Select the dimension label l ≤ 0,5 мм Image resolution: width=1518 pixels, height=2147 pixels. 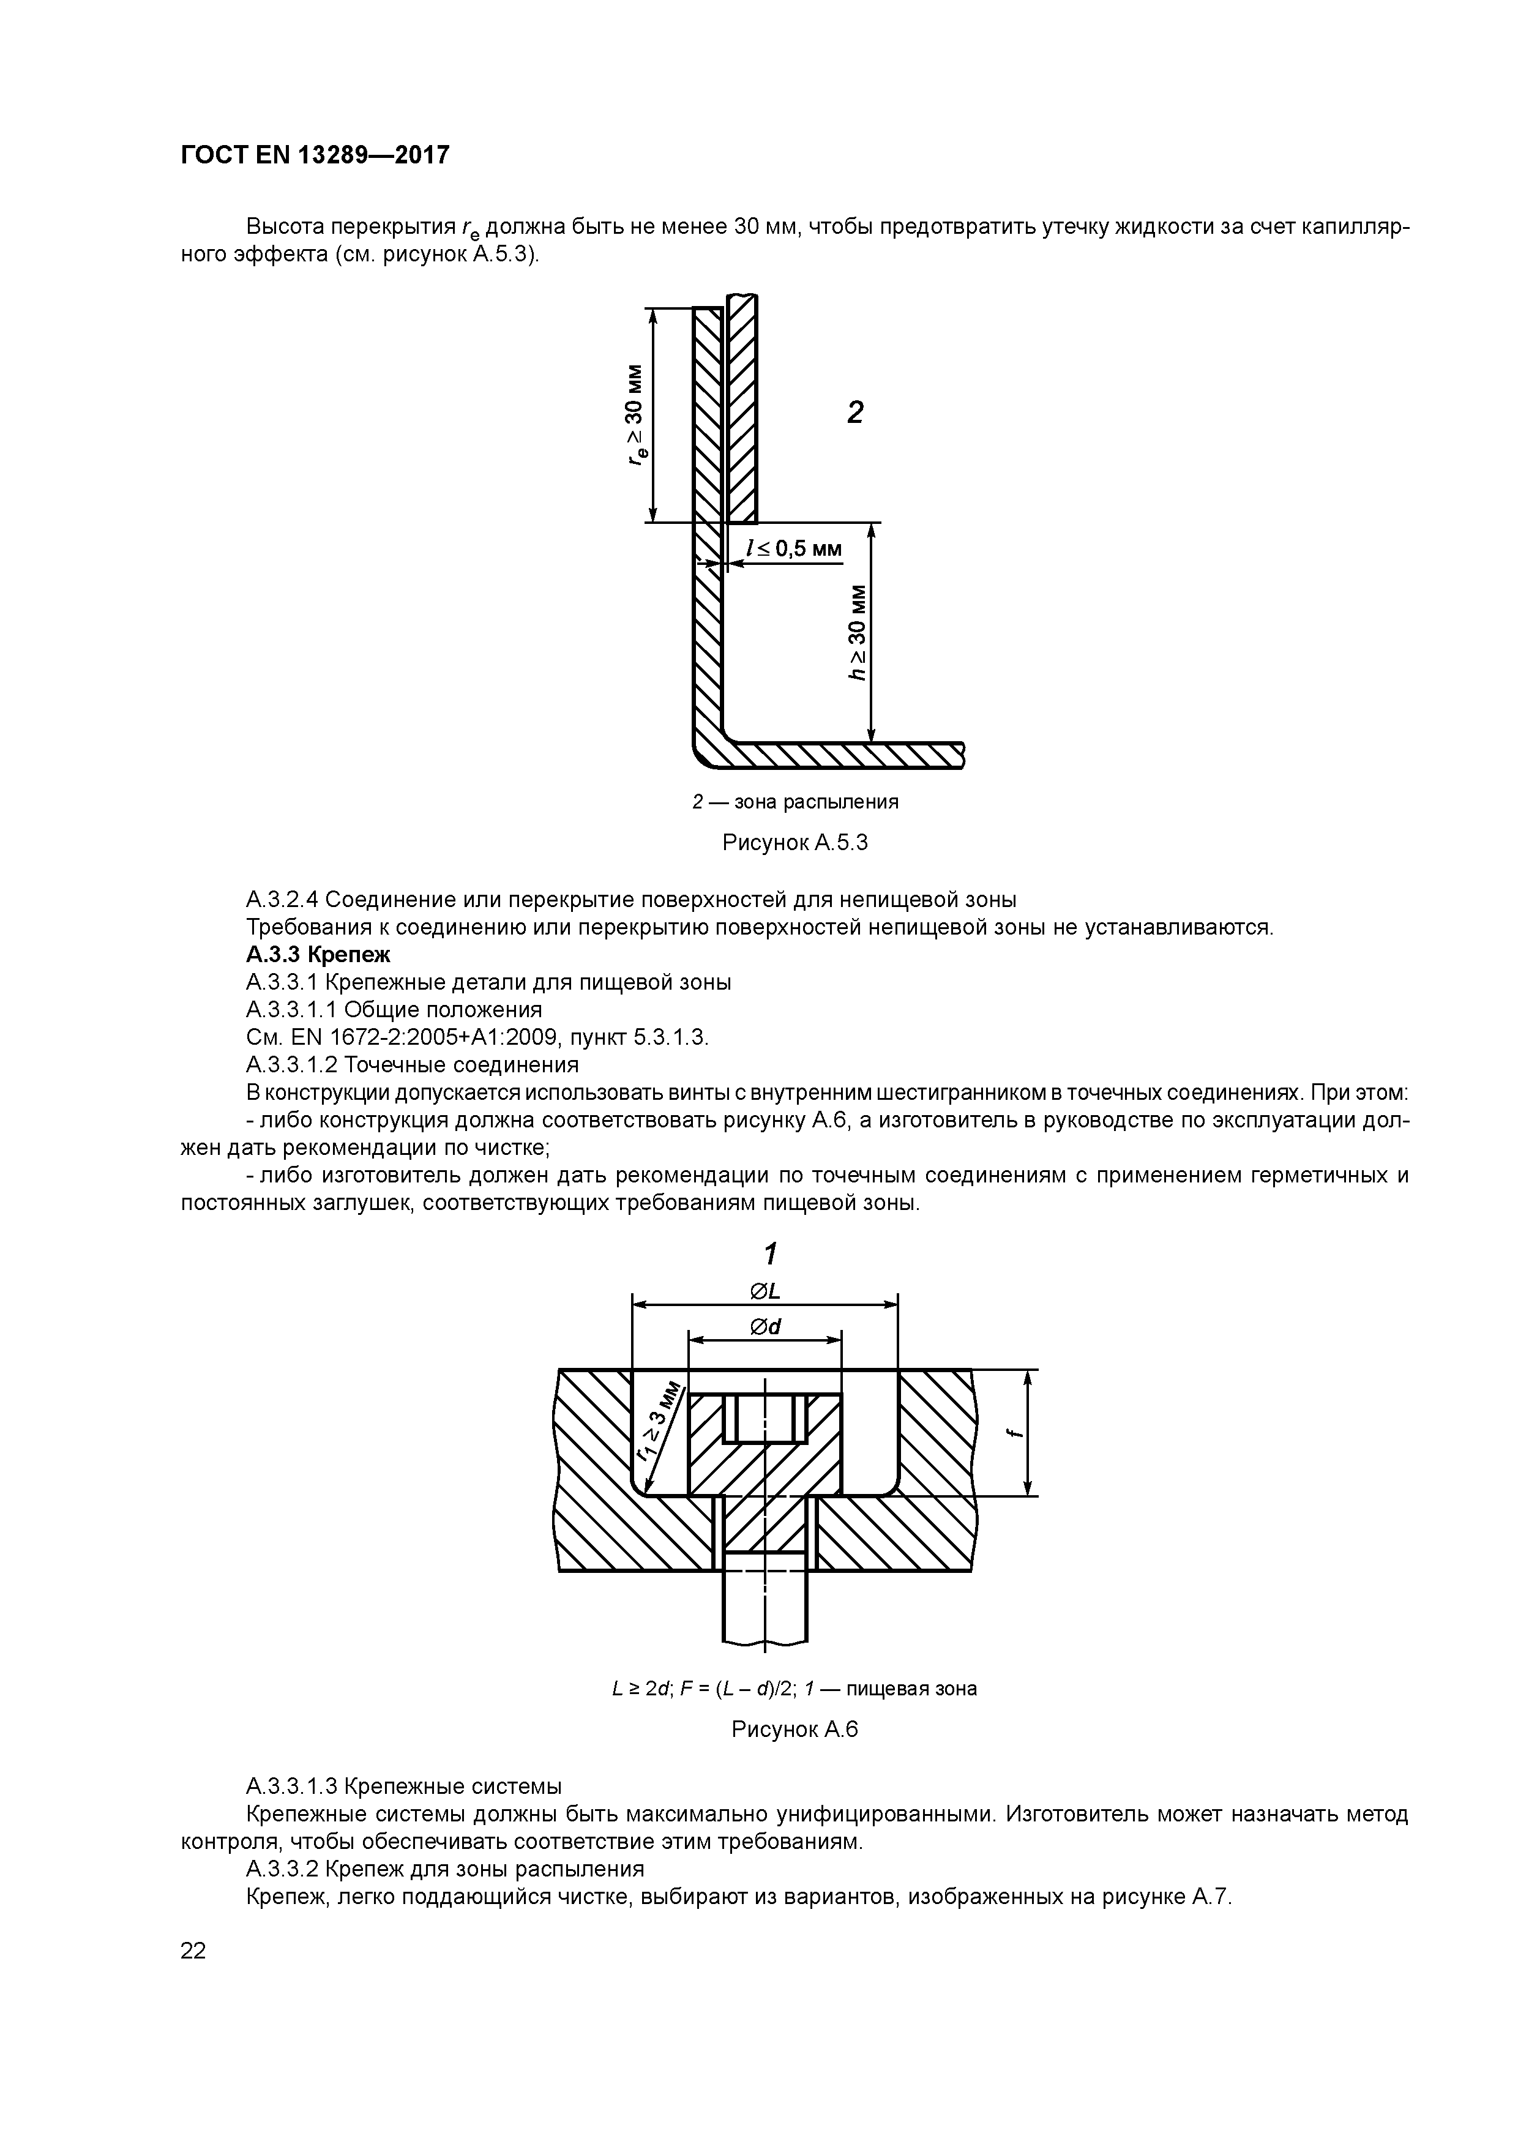794,549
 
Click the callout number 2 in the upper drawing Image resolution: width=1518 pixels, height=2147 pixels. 855,413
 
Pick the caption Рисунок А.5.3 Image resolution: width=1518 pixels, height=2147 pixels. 795,843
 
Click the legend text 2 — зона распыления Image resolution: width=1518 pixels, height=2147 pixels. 795,801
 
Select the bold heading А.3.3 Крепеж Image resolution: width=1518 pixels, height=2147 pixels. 318,955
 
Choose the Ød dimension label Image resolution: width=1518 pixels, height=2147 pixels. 766,1327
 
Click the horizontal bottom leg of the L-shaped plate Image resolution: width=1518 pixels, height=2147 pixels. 842,755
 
